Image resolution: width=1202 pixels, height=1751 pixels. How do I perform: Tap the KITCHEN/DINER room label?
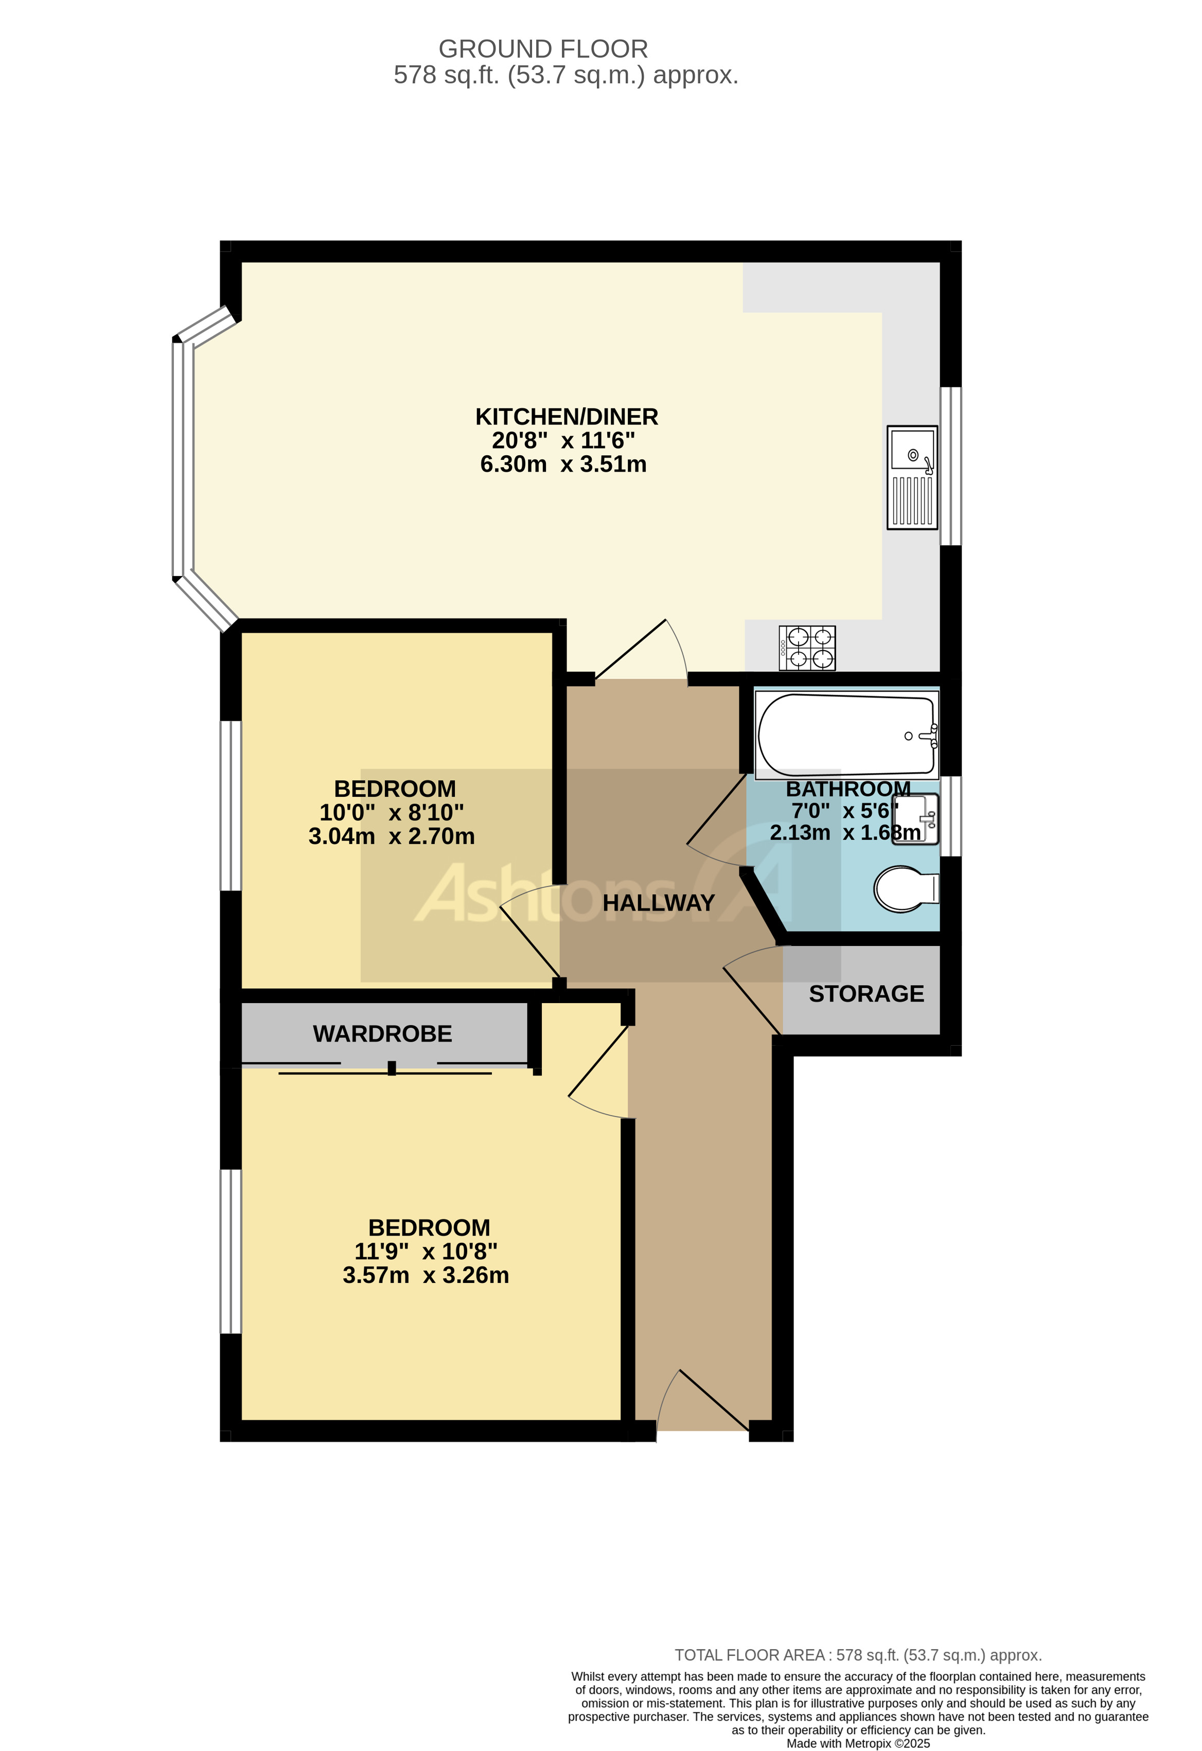566,417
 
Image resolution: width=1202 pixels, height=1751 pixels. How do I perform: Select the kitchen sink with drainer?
912,477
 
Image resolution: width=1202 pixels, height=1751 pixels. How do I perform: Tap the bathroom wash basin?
917,819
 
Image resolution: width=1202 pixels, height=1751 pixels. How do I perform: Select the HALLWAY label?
658,903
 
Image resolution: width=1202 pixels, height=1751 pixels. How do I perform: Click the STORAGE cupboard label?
866,994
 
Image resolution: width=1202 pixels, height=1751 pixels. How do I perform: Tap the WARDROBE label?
382,1034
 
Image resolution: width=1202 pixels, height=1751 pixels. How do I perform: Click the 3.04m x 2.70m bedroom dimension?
391,836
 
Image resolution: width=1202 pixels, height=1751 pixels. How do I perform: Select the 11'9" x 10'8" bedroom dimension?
426,1252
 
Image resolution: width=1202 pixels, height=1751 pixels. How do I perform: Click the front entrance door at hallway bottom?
704,1401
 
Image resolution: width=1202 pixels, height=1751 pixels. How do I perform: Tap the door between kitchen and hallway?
641,652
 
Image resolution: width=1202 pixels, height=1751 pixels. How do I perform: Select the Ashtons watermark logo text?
542,895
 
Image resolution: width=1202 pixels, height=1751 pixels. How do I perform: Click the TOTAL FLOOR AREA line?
858,1655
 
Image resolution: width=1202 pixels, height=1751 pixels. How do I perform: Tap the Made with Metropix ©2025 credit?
858,1743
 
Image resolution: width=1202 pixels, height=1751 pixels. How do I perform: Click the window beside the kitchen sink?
951,466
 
